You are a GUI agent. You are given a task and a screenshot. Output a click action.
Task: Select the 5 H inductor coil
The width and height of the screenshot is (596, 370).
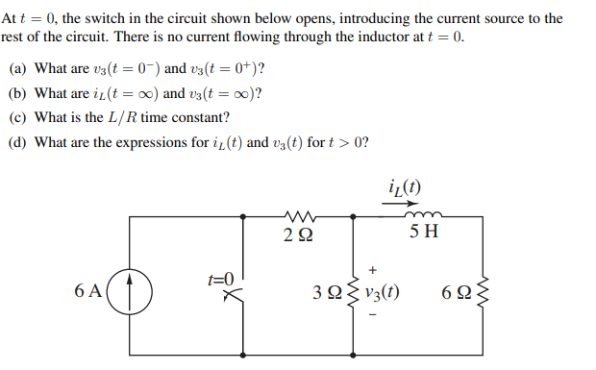(423, 218)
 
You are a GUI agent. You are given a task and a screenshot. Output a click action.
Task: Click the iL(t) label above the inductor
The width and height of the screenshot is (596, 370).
(407, 188)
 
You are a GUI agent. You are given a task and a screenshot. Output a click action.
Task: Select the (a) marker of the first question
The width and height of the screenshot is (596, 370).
(17, 70)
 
